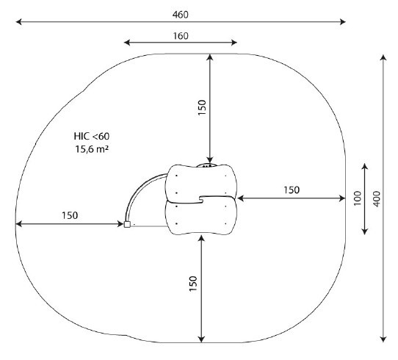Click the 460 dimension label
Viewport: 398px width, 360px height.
180,15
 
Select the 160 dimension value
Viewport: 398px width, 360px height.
181,36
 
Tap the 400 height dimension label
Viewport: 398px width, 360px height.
377,199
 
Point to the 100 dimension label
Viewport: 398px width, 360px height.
357,198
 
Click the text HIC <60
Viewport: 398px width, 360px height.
92,137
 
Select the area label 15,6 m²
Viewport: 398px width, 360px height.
92,149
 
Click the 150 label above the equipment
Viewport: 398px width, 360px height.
202,108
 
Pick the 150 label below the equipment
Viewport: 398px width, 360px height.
193,284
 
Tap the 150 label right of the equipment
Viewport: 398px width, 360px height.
292,190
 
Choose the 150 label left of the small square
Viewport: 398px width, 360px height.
70,215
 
